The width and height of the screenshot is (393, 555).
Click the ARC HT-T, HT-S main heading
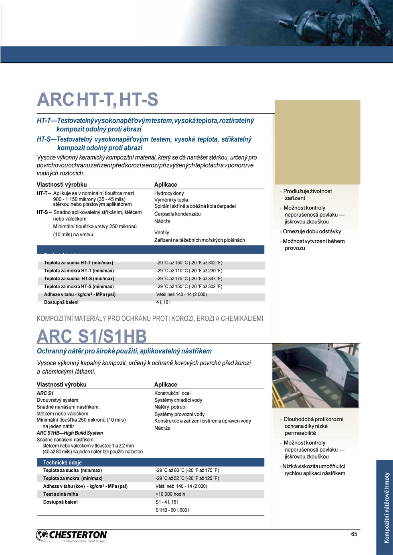click(97, 100)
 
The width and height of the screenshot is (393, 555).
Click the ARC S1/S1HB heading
click(92, 336)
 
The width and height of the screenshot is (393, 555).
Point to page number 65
click(354, 534)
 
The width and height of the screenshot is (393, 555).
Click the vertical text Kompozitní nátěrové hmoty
click(387, 507)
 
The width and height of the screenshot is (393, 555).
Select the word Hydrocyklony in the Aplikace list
click(169, 193)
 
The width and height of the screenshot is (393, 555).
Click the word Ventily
click(162, 232)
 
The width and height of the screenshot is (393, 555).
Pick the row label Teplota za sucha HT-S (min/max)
click(79, 279)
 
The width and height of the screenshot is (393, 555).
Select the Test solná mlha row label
click(61, 494)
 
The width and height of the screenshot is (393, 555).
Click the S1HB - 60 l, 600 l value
click(172, 510)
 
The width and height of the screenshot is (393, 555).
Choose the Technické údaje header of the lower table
click(62, 462)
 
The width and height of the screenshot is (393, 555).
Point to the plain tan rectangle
click(317, 142)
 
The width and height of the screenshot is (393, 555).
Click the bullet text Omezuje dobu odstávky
click(312, 231)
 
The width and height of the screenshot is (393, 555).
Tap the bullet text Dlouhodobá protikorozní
click(313, 419)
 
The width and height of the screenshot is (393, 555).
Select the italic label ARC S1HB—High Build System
click(70, 433)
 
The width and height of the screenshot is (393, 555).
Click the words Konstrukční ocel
click(172, 393)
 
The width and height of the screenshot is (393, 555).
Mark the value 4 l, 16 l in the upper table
click(163, 302)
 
